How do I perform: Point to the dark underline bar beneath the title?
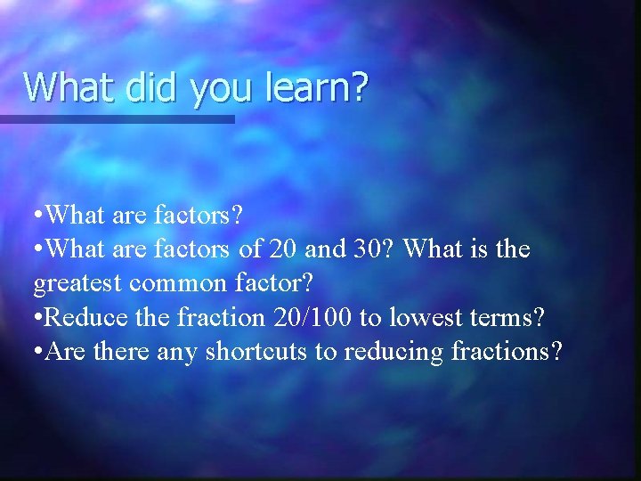point(117,118)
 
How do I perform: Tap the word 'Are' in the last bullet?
point(63,352)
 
